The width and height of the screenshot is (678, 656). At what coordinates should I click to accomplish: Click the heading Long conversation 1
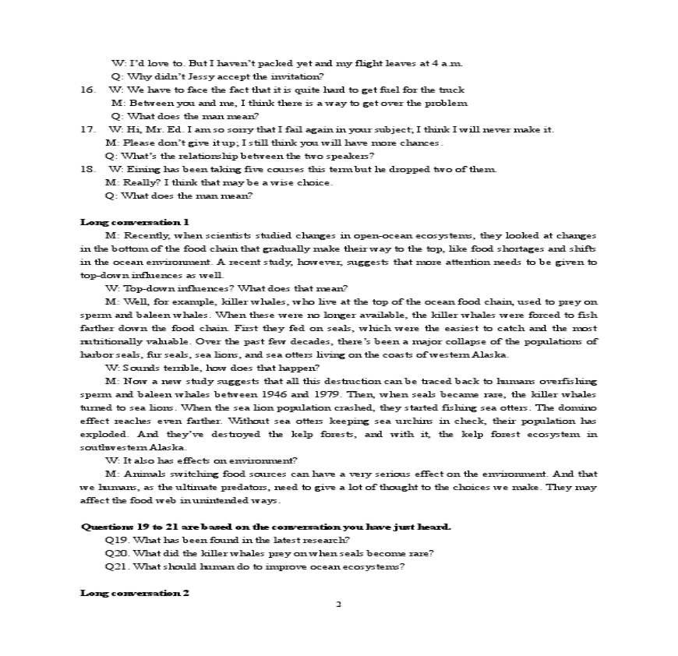click(135, 222)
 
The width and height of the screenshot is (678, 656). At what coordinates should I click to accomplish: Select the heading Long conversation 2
click(135, 593)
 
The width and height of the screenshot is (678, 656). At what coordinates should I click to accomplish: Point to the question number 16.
click(87, 90)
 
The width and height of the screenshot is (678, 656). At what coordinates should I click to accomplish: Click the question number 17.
click(87, 129)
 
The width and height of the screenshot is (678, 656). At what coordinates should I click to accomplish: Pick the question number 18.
click(87, 169)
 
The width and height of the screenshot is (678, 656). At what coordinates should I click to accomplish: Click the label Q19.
click(115, 540)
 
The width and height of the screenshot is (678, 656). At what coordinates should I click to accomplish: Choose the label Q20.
click(115, 553)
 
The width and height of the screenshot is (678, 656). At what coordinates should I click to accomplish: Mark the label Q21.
click(115, 566)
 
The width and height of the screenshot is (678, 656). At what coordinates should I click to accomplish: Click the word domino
click(580, 407)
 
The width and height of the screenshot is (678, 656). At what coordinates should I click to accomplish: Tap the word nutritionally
click(107, 341)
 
